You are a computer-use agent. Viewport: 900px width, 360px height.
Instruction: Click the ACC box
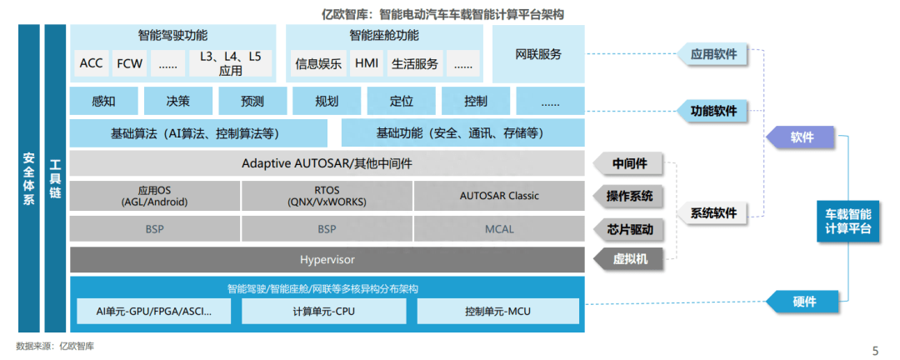90,63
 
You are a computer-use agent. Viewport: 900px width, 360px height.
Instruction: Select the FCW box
129,63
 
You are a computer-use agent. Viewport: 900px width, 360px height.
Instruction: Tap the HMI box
367,63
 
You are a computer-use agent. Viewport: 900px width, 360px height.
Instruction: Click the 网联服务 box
538,55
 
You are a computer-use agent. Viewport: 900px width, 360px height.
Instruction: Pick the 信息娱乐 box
318,63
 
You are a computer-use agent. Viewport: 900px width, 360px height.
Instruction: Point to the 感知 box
104,102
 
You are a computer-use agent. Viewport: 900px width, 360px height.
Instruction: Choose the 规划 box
327,102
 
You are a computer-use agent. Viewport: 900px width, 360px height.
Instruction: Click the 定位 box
401,102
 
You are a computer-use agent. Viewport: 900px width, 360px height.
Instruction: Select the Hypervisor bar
327,259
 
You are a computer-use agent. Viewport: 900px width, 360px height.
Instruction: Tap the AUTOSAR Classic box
499,196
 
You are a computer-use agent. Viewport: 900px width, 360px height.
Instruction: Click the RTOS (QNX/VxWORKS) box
327,196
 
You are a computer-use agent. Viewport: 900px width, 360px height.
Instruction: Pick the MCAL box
499,228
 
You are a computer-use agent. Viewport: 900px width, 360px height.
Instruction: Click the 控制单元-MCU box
498,312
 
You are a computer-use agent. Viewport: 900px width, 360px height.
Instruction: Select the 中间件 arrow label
631,163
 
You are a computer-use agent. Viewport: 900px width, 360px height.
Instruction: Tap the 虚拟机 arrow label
631,259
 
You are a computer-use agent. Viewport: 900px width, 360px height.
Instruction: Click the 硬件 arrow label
802,302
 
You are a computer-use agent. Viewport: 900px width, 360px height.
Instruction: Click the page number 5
874,350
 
